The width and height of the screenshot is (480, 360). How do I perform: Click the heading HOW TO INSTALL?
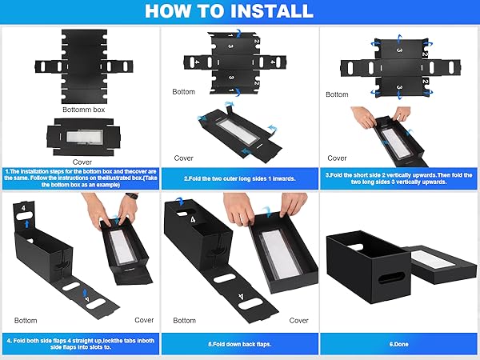(240, 12)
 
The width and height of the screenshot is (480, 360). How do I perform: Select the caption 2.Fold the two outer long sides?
(240, 178)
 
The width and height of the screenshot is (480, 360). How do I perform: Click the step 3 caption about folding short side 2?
(399, 178)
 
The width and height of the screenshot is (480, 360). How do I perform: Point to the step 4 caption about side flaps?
(79, 346)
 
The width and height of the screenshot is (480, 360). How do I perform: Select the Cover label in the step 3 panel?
(338, 158)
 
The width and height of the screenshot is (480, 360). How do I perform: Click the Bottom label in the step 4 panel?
(26, 320)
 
